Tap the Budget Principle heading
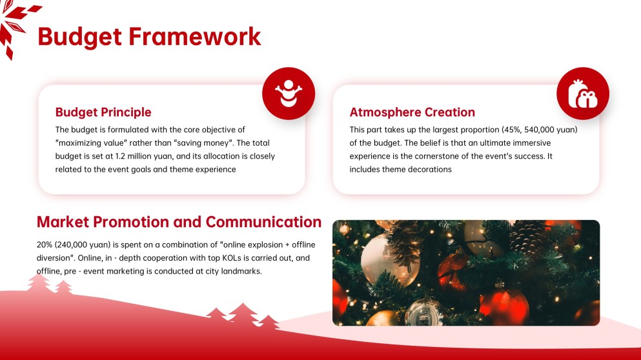pyautogui.click(x=103, y=112)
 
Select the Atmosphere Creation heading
pyautogui.click(x=412, y=112)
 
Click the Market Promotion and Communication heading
pyautogui.click(x=179, y=222)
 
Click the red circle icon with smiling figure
pyautogui.click(x=289, y=94)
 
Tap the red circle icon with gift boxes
pyautogui.click(x=582, y=94)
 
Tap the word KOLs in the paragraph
pyautogui.click(x=218, y=258)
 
